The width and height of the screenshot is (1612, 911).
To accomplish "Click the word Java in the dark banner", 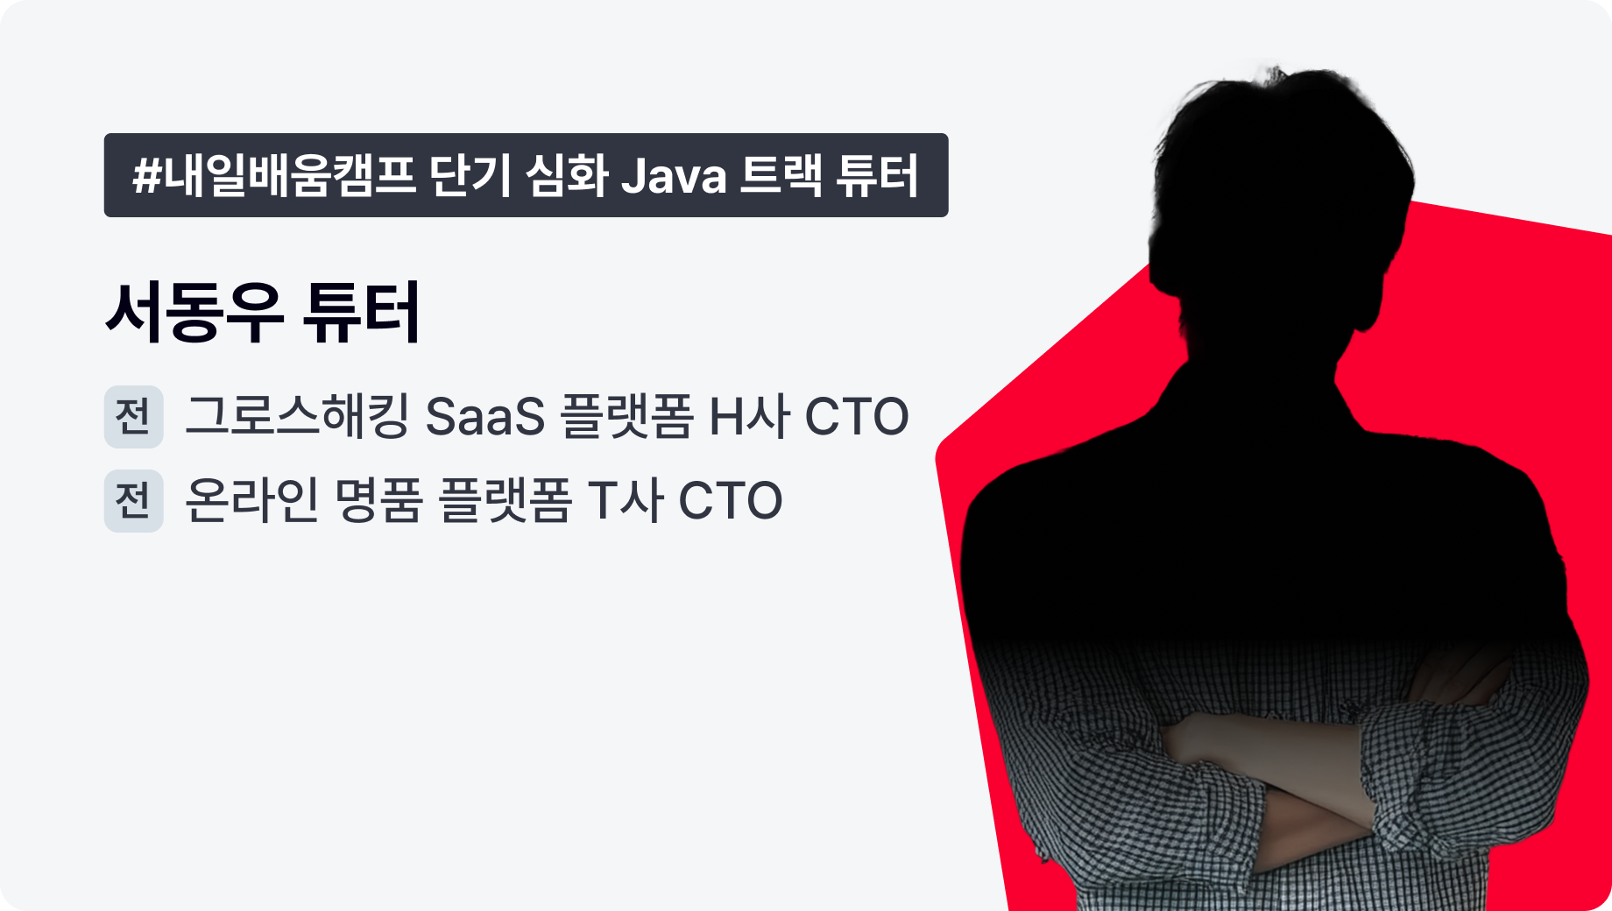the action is pyautogui.click(x=674, y=175).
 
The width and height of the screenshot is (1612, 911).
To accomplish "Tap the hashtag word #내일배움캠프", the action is pyautogui.click(x=273, y=175).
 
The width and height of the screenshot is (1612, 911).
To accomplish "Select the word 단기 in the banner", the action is pyautogui.click(x=470, y=175).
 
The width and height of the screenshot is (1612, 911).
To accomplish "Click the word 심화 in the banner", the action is pyautogui.click(x=566, y=175).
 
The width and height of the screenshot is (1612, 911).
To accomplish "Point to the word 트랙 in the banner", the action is pyautogui.click(x=781, y=175).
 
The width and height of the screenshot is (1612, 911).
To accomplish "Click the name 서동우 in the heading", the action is pyautogui.click(x=194, y=312).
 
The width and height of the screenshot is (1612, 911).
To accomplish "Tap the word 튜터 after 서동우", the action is pyautogui.click(x=361, y=312).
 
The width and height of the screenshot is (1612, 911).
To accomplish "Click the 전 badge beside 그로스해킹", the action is pyautogui.click(x=134, y=416).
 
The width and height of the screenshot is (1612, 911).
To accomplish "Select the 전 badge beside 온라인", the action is pyautogui.click(x=134, y=500).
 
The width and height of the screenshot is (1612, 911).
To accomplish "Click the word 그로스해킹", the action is pyautogui.click(x=297, y=415).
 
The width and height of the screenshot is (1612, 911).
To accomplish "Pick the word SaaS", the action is pyautogui.click(x=484, y=416).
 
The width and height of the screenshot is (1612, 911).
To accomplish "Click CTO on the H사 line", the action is pyautogui.click(x=857, y=416).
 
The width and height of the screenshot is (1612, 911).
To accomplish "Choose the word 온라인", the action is pyautogui.click(x=252, y=500).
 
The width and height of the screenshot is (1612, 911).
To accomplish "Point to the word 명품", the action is pyautogui.click(x=379, y=500).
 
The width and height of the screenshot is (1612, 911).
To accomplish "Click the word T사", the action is pyautogui.click(x=625, y=500).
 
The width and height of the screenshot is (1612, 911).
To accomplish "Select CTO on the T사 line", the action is pyautogui.click(x=731, y=500).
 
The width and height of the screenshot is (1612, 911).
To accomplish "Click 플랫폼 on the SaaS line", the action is pyautogui.click(x=626, y=416).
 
